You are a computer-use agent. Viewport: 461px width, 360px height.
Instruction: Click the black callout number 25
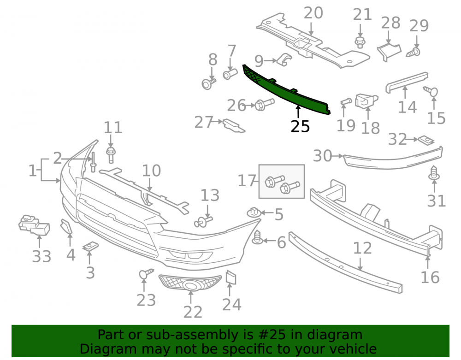pyautogui.click(x=300, y=126)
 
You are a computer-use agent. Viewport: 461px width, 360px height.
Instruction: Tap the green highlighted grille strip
pyautogui.click(x=285, y=89)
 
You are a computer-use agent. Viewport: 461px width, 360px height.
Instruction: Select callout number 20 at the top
pyautogui.click(x=313, y=13)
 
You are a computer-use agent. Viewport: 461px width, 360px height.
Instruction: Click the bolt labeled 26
pyautogui.click(x=264, y=104)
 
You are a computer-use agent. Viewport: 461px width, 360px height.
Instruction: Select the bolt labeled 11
pyautogui.click(x=111, y=155)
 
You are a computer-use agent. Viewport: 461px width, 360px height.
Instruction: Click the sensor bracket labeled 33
pyautogui.click(x=34, y=225)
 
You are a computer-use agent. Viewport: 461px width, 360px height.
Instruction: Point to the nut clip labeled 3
pyautogui.click(x=90, y=246)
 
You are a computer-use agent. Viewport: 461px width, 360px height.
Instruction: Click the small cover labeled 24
pyautogui.click(x=231, y=277)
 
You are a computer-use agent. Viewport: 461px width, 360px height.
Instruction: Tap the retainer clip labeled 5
pyautogui.click(x=254, y=212)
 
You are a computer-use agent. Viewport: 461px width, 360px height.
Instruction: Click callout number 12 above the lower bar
pyautogui.click(x=362, y=248)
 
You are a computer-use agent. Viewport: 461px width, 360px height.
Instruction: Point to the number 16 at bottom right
pyautogui.click(x=430, y=277)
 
